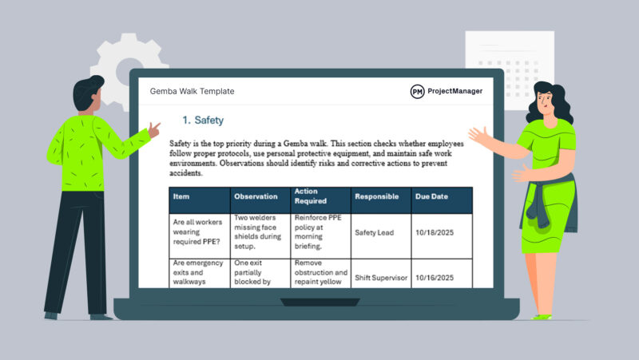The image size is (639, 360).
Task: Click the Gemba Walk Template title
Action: coord(192,92)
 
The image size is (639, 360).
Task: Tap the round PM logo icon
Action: coord(417,92)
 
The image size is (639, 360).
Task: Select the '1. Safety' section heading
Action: coord(203,121)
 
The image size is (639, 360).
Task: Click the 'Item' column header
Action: coord(181,196)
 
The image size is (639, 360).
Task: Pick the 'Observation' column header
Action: coord(256,196)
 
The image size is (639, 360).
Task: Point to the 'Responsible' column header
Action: coord(377,196)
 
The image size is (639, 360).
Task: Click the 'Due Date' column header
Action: coord(431,196)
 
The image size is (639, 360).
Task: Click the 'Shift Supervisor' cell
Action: coord(380,278)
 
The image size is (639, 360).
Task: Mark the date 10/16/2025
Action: coord(435,278)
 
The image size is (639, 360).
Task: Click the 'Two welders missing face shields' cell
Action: coord(258,232)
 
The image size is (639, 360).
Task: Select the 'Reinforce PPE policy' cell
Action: coord(319,232)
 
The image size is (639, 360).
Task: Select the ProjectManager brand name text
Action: coord(455,92)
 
